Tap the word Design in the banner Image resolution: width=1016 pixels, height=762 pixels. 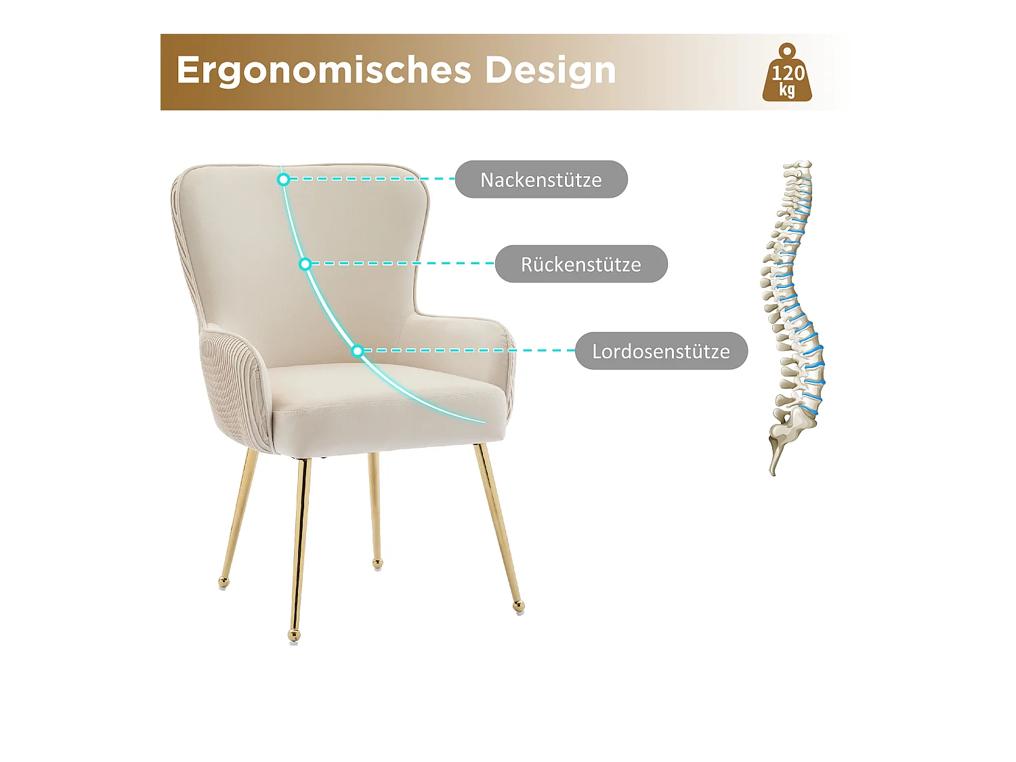(x=550, y=70)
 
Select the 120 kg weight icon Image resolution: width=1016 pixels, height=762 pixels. (x=787, y=75)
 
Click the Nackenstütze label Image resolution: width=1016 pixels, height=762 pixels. (x=541, y=179)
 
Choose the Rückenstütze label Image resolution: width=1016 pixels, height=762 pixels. (x=581, y=264)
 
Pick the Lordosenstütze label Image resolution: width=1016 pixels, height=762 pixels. (x=661, y=351)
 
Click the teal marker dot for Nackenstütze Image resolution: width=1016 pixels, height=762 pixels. (x=284, y=179)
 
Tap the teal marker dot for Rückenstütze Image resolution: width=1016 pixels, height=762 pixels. (x=305, y=263)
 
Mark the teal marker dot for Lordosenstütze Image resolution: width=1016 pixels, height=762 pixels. (x=358, y=350)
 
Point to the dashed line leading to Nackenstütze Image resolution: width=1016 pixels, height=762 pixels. (x=369, y=179)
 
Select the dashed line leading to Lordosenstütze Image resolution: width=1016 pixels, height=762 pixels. (x=467, y=350)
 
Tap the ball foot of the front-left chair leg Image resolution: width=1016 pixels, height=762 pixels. (x=294, y=635)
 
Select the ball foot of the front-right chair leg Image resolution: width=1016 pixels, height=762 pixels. (x=518, y=606)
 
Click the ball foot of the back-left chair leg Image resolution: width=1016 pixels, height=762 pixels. (x=224, y=581)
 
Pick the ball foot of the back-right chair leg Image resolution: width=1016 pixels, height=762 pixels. (x=377, y=563)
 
